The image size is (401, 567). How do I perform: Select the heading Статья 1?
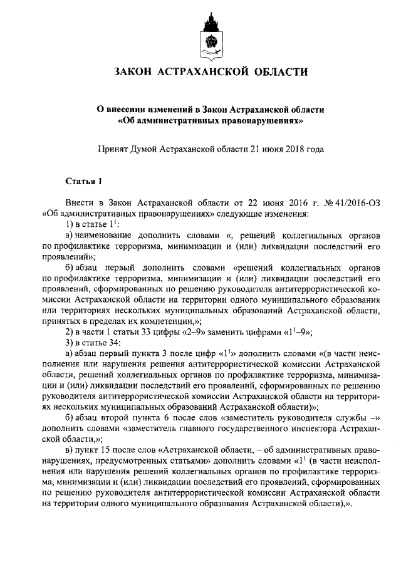point(83,182)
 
